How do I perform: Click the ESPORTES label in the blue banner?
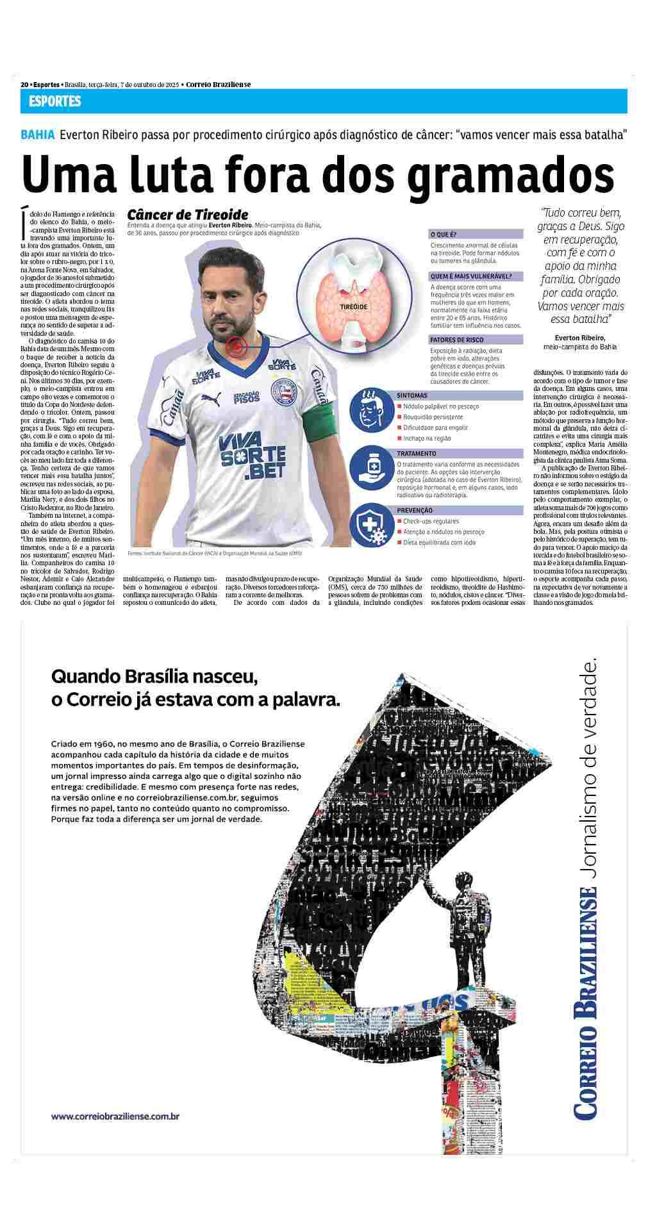[x=54, y=101]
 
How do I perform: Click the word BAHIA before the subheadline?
[x=37, y=135]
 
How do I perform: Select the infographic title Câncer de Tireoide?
[x=187, y=215]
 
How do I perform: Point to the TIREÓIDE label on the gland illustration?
[x=353, y=308]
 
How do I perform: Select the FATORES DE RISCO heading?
[x=457, y=340]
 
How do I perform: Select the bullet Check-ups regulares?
[x=431, y=521]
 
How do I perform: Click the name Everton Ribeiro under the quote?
[x=579, y=337]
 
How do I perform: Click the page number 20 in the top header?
[x=24, y=84]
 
